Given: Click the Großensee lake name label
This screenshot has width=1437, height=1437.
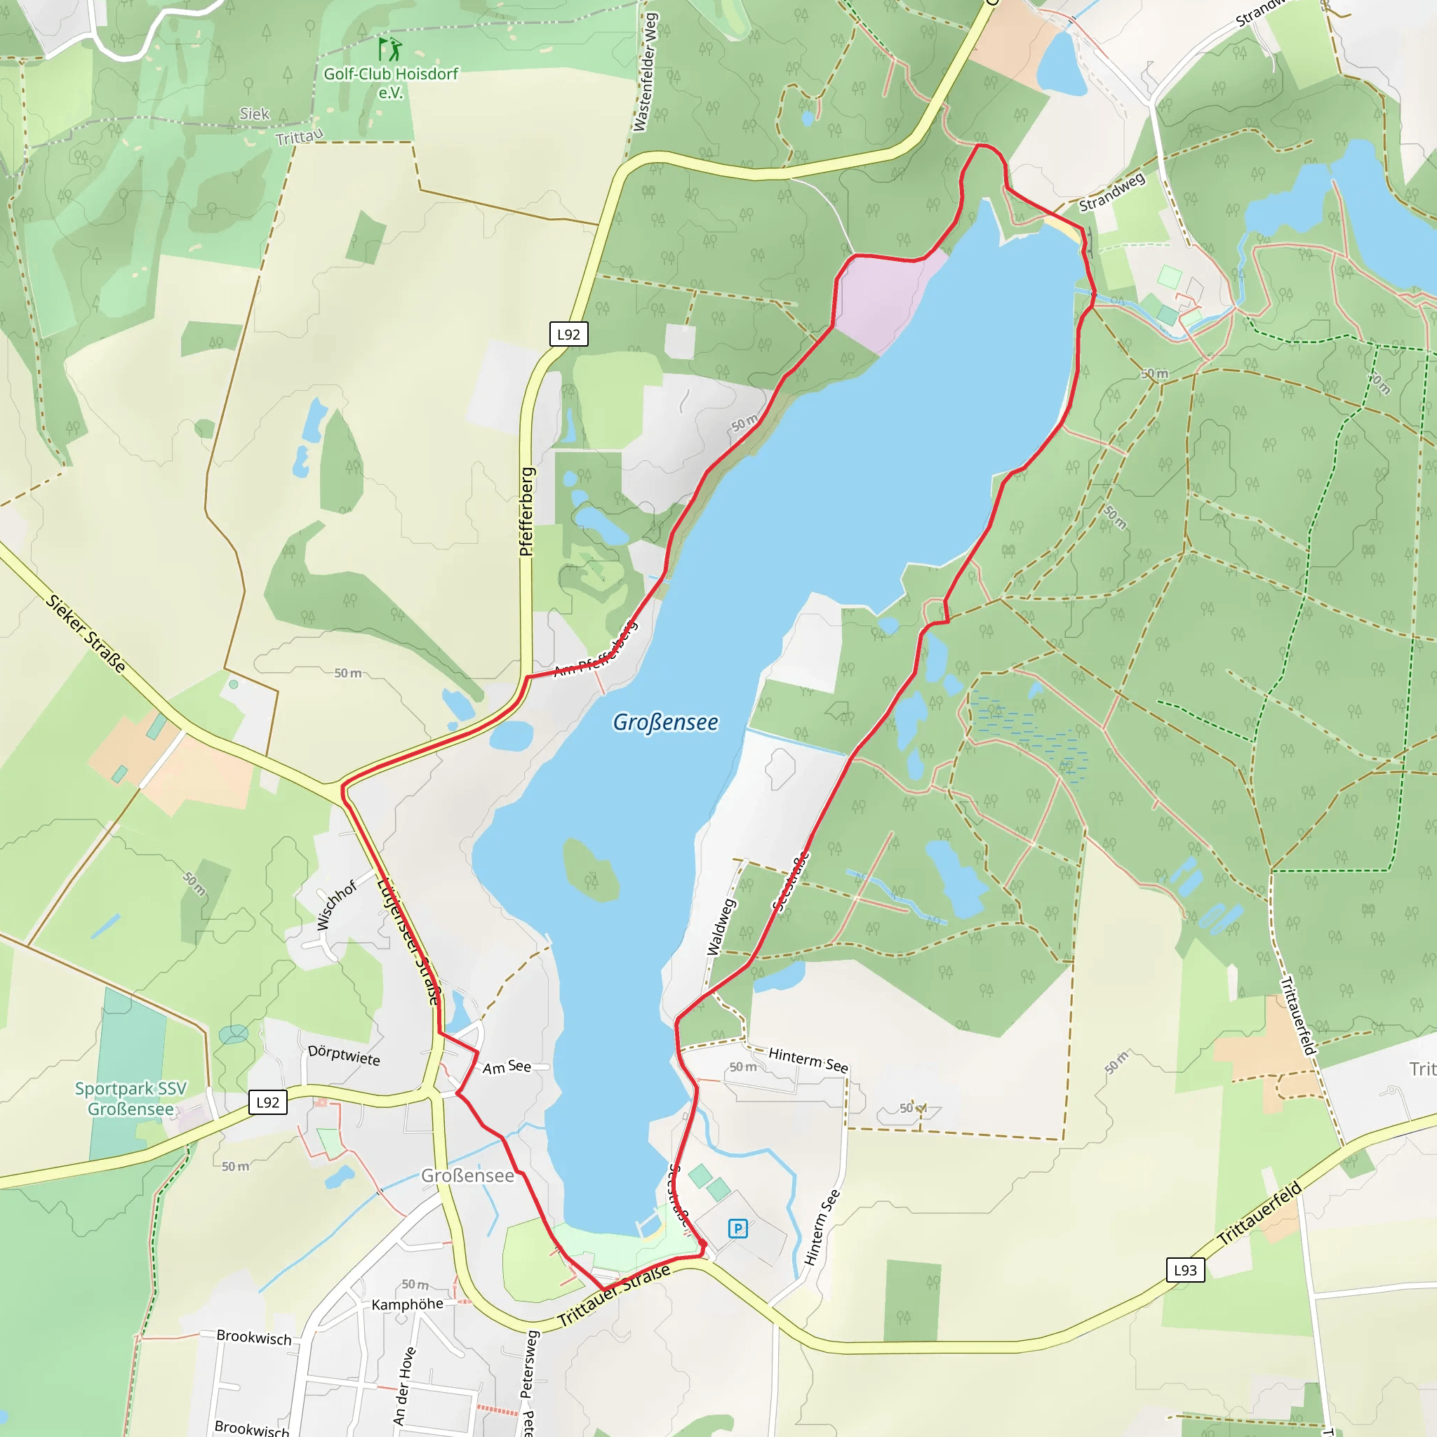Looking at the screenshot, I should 665,722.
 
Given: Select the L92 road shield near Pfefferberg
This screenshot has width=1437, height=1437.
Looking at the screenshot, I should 568,334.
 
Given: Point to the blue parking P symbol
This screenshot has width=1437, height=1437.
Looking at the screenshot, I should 737,1228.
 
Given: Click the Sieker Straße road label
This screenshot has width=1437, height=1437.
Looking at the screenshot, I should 86,633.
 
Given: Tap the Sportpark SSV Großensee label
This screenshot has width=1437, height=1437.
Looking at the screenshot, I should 131,1099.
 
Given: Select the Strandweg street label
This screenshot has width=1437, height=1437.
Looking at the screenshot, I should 1111,192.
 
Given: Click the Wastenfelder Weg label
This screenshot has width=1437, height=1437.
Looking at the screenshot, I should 646,72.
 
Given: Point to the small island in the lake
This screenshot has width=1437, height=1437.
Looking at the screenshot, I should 591,869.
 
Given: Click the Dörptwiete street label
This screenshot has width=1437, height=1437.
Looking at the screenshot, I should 344,1055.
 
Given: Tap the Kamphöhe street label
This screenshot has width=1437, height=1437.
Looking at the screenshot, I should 407,1304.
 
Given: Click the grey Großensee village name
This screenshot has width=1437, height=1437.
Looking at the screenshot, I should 467,1175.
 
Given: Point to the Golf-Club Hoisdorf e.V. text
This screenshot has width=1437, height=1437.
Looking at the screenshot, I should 391,83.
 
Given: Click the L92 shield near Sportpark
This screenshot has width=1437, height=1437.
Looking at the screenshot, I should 267,1102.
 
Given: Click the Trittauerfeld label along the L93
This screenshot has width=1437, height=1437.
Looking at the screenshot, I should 1259,1214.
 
